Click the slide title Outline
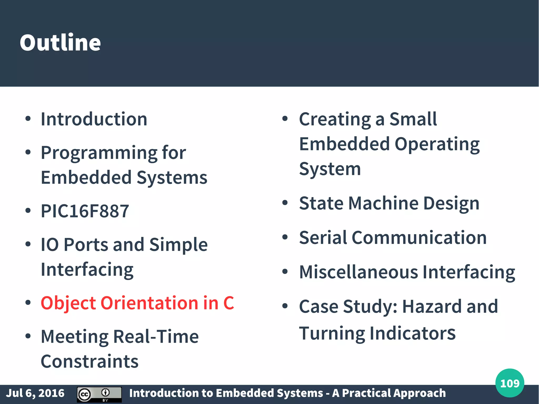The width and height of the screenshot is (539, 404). [x=60, y=43]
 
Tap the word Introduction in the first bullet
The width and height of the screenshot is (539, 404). [x=94, y=119]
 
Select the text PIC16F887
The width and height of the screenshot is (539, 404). [x=85, y=211]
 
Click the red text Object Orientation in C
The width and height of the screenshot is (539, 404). [x=137, y=303]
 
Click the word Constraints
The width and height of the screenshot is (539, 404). [x=89, y=361]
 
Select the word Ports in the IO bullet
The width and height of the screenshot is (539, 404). [x=86, y=245]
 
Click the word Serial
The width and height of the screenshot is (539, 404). [x=323, y=238]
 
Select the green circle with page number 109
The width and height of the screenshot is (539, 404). [x=510, y=383]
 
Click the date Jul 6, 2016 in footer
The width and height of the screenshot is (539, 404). [x=35, y=393]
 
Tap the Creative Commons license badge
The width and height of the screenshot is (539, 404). [x=99, y=394]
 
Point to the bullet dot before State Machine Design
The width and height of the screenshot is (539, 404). [x=285, y=203]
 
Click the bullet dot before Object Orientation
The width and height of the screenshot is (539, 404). [x=28, y=302]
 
